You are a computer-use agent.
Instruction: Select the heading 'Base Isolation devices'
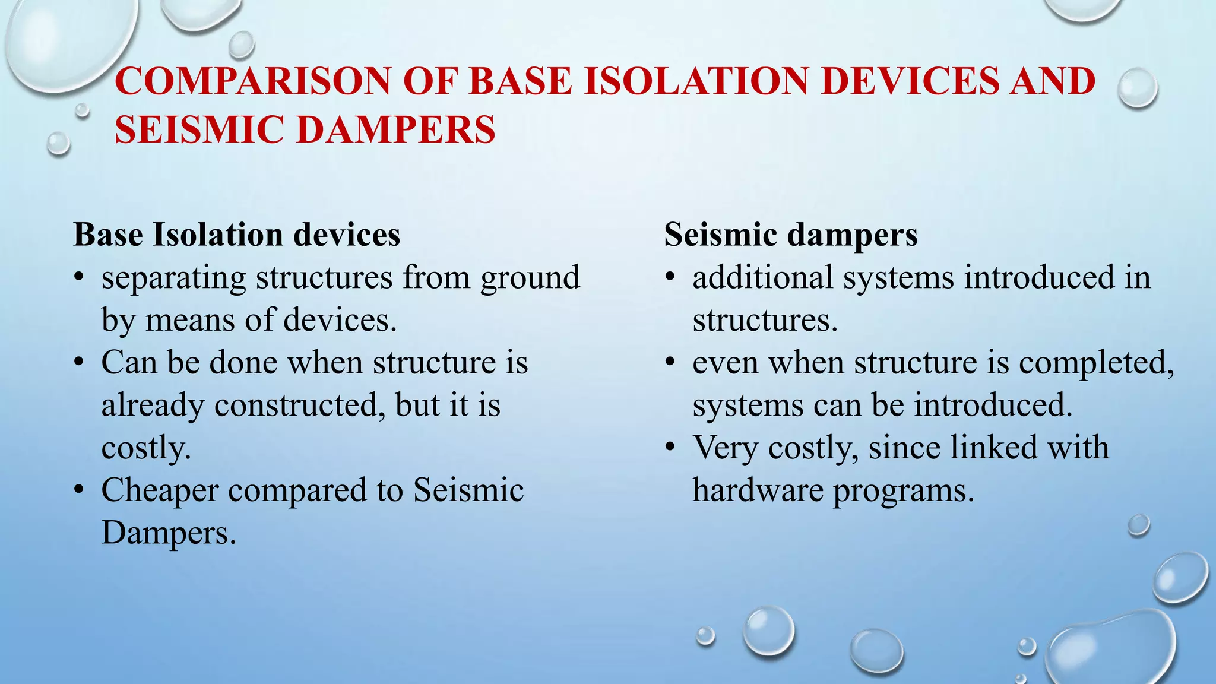236,235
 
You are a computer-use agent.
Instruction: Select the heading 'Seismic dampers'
790,235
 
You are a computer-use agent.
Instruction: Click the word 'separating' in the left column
173,278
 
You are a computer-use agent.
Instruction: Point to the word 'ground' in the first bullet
530,278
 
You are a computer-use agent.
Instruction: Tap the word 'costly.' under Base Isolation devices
146,448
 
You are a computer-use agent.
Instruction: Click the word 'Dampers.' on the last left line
169,533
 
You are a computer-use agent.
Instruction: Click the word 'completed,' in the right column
1096,363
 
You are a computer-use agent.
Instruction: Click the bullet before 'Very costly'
670,447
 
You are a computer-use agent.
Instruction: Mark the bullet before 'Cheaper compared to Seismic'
79,490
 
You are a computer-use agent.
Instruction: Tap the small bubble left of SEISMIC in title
58,143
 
